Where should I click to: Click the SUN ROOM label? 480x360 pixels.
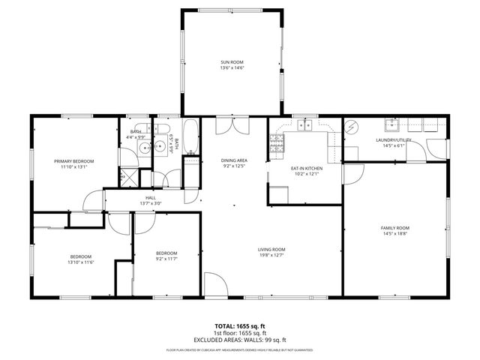point(232,61)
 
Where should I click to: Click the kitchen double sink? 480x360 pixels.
point(304,125)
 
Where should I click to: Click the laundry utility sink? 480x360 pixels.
point(391,125)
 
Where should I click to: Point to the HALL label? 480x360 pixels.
point(151,198)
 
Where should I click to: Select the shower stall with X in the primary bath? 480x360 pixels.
point(129,176)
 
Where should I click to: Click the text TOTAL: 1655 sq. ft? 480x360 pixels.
point(240,326)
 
